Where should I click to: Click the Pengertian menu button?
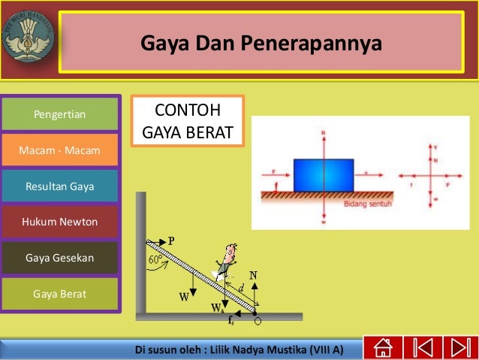coord(60,114)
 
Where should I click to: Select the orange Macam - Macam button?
coord(60,150)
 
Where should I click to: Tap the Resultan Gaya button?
coord(60,186)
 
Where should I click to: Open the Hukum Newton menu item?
coord(60,222)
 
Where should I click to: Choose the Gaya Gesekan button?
coord(60,258)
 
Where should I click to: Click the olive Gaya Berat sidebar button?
coord(60,294)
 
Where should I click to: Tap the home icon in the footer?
coord(382,348)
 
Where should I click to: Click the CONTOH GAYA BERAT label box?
coord(188,122)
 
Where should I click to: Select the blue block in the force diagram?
coord(323,174)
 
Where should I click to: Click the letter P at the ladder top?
coord(171,241)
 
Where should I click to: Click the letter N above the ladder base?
coord(254,276)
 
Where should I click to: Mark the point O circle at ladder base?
coord(258,321)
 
